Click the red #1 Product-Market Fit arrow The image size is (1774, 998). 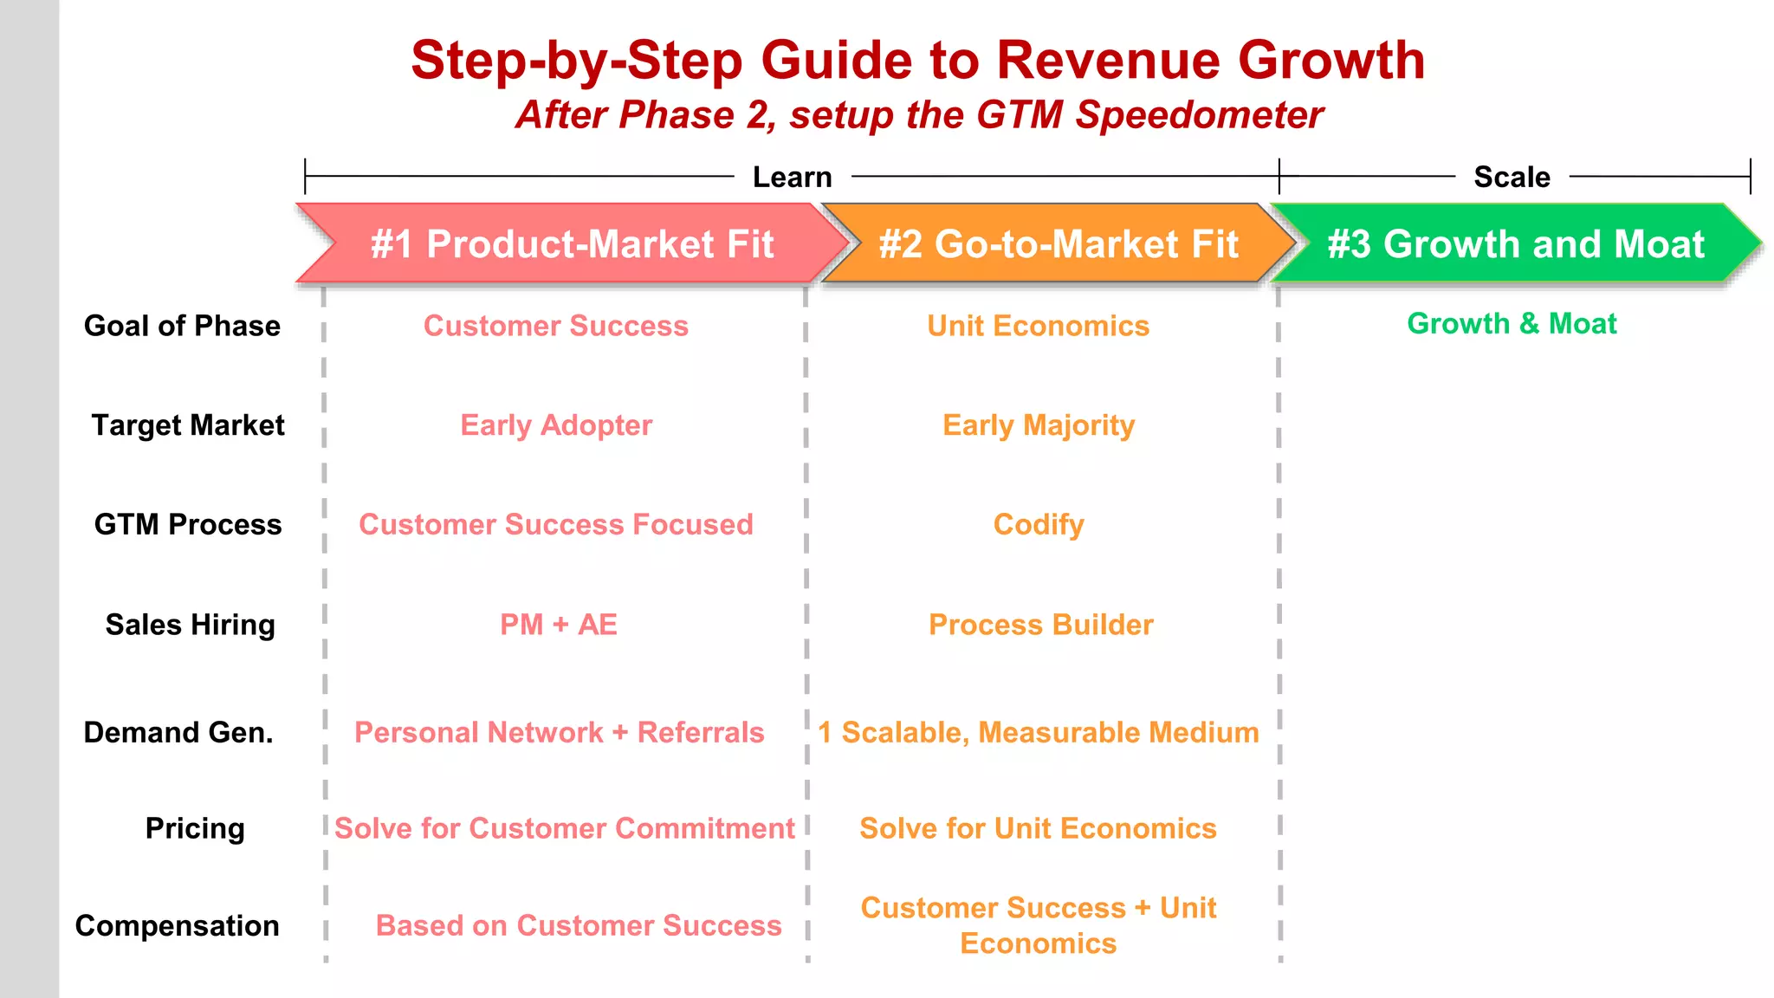pyautogui.click(x=572, y=244)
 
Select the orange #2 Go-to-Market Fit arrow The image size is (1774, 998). pyautogui.click(x=1059, y=244)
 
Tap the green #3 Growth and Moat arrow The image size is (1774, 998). pyautogui.click(x=1516, y=244)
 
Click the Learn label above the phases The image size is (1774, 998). pyautogui.click(x=792, y=177)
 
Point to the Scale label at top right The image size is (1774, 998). pyautogui.click(x=1512, y=177)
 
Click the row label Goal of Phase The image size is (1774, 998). pyautogui.click(x=182, y=326)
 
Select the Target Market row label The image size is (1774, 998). pyautogui.click(x=188, y=425)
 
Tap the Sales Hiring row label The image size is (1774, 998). pyautogui.click(x=190, y=625)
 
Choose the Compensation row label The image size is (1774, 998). pyautogui.click(x=178, y=925)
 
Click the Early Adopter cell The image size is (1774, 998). pyautogui.click(x=556, y=425)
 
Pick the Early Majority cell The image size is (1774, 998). pyautogui.click(x=1039, y=425)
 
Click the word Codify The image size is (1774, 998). pyautogui.click(x=1039, y=524)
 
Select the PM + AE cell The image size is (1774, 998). pyautogui.click(x=559, y=625)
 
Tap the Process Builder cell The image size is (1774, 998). pyautogui.click(x=1040, y=625)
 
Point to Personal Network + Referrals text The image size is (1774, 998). pyautogui.click(x=560, y=733)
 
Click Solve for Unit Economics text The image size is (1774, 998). pyautogui.click(x=1038, y=828)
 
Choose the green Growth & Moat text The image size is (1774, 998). pyautogui.click(x=1512, y=323)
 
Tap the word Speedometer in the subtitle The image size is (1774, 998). pyautogui.click(x=1200, y=115)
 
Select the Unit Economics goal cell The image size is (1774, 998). pyautogui.click(x=1038, y=326)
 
